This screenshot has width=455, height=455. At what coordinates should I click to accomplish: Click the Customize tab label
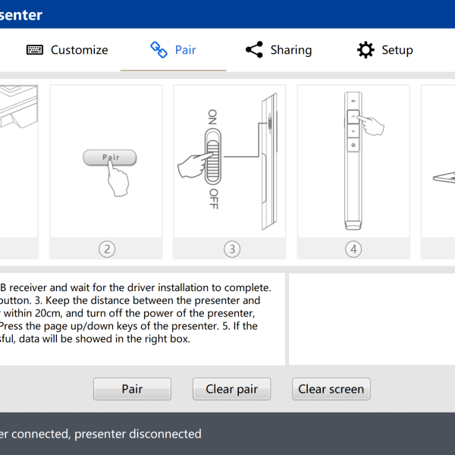(79, 50)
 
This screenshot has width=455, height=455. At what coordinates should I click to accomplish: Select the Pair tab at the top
(185, 50)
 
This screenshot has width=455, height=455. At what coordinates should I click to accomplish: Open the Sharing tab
(290, 50)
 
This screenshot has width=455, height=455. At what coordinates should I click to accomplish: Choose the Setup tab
(397, 50)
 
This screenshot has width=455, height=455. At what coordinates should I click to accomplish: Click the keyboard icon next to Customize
(35, 50)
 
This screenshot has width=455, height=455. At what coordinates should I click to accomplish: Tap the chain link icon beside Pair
(158, 50)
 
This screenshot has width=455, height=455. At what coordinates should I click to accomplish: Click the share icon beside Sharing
(254, 50)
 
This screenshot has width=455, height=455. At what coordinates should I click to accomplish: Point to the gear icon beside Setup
(366, 50)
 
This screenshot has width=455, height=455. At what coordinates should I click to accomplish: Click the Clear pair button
(231, 389)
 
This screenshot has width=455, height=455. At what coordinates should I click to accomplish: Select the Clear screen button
(331, 389)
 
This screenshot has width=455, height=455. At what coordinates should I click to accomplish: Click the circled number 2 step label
(107, 249)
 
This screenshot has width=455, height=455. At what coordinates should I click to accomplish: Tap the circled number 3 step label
(231, 249)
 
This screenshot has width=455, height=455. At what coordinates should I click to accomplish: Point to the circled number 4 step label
(353, 249)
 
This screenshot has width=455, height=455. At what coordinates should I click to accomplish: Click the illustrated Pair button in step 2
(110, 158)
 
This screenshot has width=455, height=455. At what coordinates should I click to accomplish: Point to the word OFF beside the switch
(213, 198)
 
